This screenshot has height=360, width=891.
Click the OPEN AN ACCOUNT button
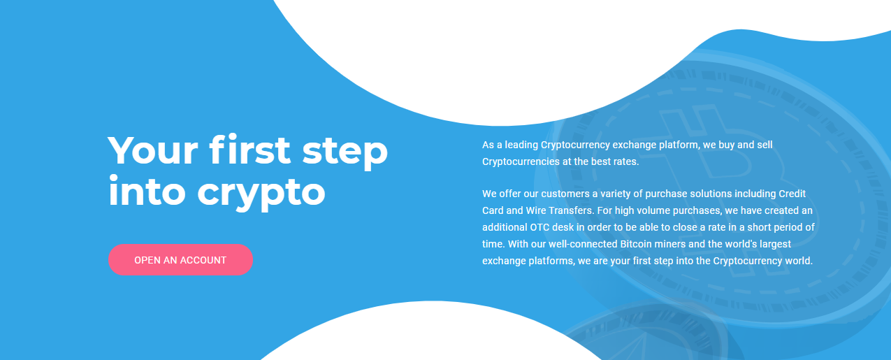tap(180, 260)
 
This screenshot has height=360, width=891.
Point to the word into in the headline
tap(147, 191)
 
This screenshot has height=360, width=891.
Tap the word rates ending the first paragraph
tap(626, 162)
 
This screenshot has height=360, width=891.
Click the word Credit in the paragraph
tap(792, 194)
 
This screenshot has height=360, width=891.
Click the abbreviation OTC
tap(539, 227)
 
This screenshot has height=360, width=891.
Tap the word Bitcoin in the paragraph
tap(636, 244)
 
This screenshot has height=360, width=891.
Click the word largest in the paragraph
tap(775, 244)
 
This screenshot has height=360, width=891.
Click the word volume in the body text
tap(646, 210)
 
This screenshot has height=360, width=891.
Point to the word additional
tap(505, 227)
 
